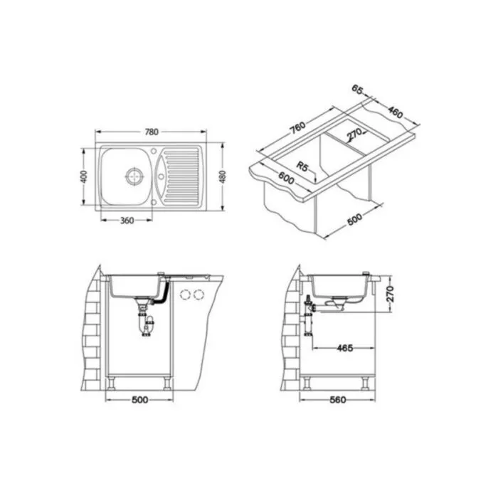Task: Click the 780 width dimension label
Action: tap(152, 132)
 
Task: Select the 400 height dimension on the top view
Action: tap(84, 176)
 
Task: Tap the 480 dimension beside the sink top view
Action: tap(222, 176)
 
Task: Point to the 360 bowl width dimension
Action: tap(127, 220)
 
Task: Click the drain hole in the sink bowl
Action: tap(134, 176)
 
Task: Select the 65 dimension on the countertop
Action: tap(357, 90)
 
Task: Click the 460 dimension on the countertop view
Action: tap(396, 112)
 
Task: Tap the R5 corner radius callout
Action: tap(302, 166)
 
